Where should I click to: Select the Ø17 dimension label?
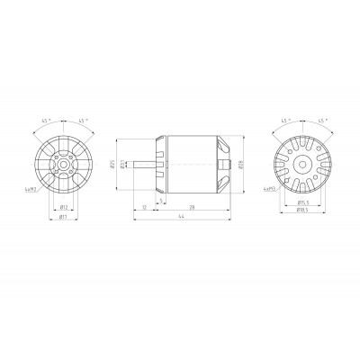click(62, 216)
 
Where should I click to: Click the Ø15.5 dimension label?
click(303, 203)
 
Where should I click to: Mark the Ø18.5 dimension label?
click(303, 212)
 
